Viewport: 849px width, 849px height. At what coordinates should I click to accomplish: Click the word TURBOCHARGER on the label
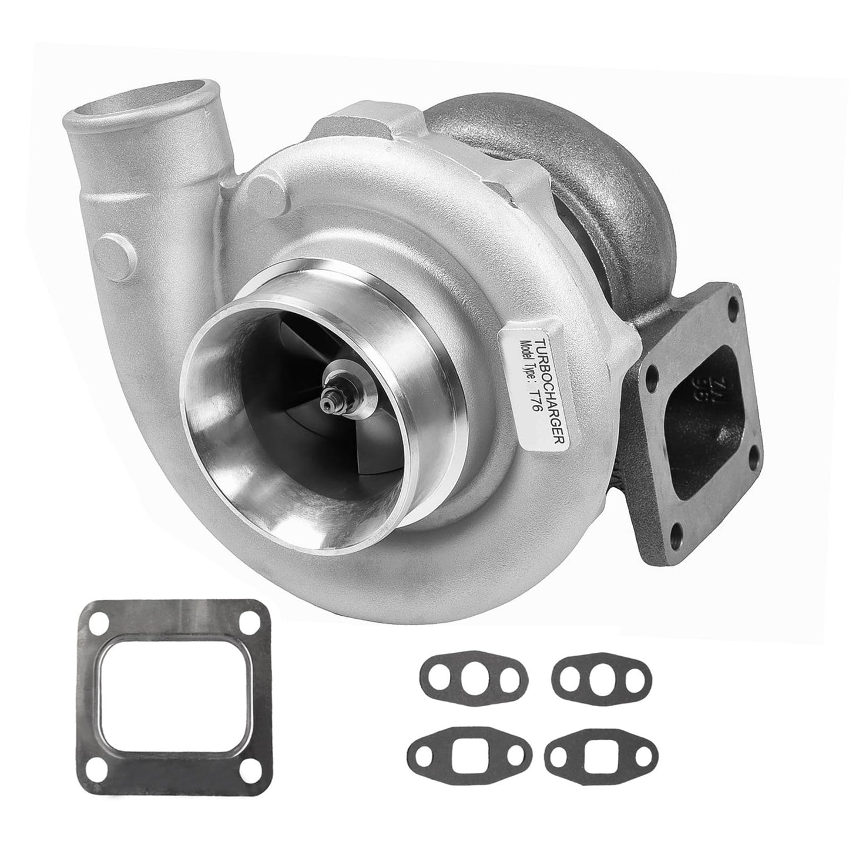tap(538, 388)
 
